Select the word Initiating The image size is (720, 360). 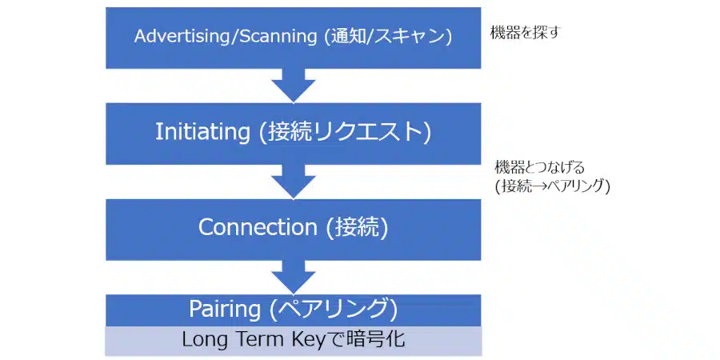202,132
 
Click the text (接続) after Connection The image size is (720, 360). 357,227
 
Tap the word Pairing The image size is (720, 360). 226,308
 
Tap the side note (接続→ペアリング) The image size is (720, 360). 552,186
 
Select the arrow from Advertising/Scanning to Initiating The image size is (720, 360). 294,85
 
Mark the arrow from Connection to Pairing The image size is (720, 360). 294,278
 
